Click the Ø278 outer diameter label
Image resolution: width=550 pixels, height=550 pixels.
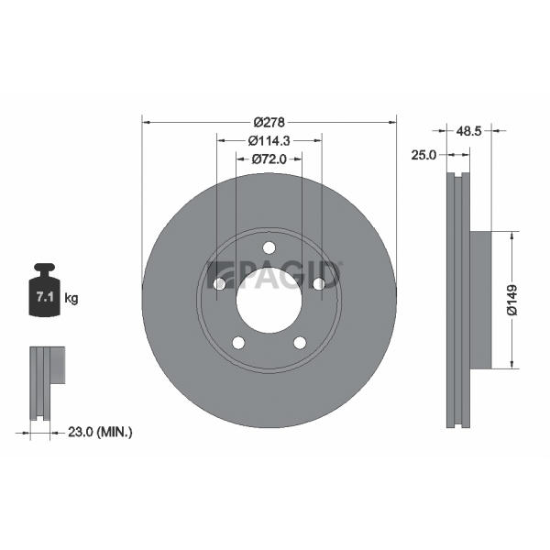(269, 123)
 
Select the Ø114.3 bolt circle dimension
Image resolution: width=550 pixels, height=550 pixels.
(269, 140)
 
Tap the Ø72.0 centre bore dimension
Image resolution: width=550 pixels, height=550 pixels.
(269, 159)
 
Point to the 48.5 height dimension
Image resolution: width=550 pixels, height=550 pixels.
(469, 131)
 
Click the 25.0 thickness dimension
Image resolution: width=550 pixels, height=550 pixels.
(423, 155)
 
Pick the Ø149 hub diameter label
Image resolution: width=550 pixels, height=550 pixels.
(511, 301)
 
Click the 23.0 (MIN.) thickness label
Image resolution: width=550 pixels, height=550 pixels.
(100, 432)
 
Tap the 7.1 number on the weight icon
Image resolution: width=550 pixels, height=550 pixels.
(45, 297)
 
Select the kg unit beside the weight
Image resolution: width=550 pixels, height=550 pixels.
(71, 299)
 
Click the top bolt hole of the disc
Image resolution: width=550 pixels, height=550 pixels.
(269, 247)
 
